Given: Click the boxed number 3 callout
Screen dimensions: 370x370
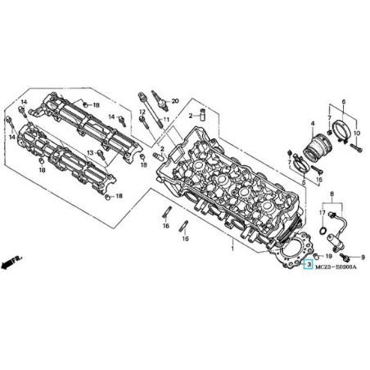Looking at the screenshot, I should tap(309, 265).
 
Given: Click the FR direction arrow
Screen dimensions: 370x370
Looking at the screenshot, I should tap(11, 261).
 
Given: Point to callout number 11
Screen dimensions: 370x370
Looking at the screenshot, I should tap(166, 120).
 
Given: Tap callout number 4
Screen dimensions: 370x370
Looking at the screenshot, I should tap(312, 124).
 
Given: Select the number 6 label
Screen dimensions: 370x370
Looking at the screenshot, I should tap(343, 101).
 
